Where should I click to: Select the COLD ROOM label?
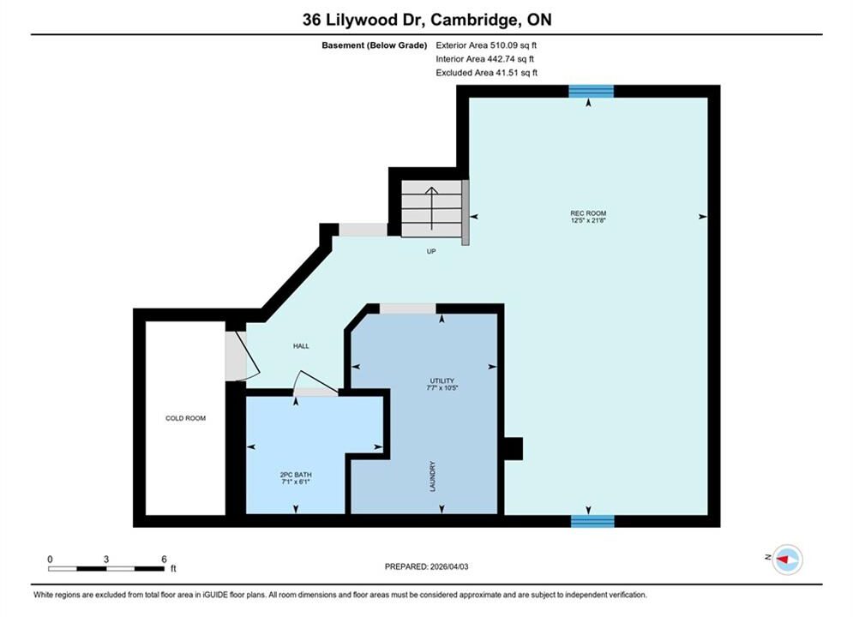(x=185, y=418)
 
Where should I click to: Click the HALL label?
(x=301, y=345)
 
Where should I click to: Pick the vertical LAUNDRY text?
(x=433, y=476)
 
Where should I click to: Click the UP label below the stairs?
(x=431, y=251)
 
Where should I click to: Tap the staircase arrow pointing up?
(x=431, y=208)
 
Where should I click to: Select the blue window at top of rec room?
(x=592, y=92)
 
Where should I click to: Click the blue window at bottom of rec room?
(x=592, y=521)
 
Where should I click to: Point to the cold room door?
(x=242, y=356)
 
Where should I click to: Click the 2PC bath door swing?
(x=315, y=383)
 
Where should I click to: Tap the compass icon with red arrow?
(x=787, y=559)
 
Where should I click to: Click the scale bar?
(x=106, y=569)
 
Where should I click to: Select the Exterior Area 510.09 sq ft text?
(x=486, y=45)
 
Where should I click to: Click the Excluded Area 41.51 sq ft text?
(x=486, y=72)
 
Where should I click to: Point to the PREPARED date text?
(x=427, y=566)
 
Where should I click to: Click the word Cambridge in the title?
(x=472, y=20)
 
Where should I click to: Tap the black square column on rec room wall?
(x=514, y=448)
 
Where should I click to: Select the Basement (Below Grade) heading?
(x=375, y=45)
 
